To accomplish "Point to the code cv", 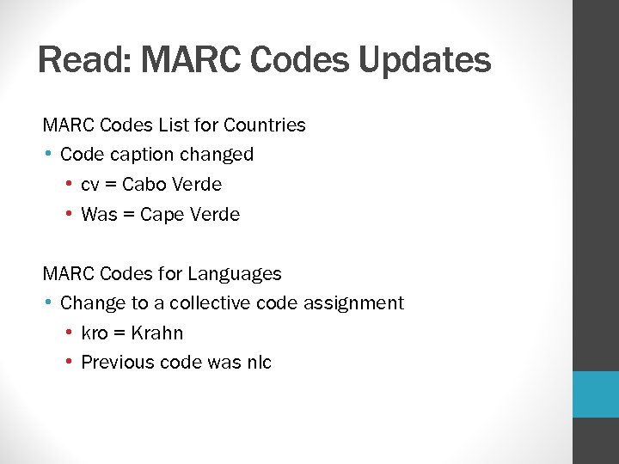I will click(x=89, y=185).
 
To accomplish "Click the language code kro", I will click(x=94, y=333).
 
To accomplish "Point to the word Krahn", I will click(x=157, y=333).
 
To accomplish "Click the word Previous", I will click(x=115, y=363).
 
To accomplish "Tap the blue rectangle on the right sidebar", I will click(x=596, y=394).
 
